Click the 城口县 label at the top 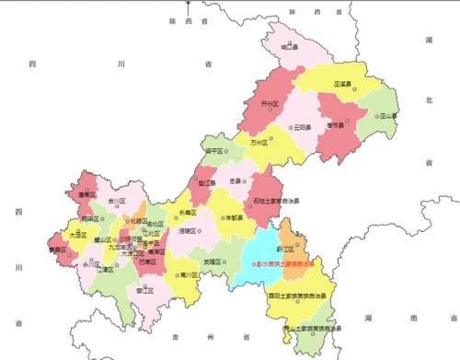click(289, 45)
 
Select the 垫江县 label click(207, 183)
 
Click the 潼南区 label click(86, 195)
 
